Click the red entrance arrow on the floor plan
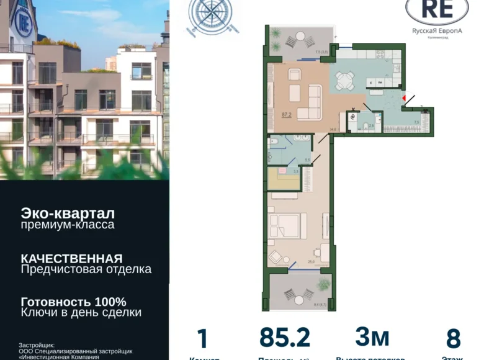click(404, 97)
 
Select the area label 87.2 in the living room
click(287, 114)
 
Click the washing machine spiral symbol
click(354, 115)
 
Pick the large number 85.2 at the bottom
click(285, 338)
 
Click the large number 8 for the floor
click(453, 339)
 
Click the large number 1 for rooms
click(202, 339)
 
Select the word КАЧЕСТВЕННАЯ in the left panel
click(71, 258)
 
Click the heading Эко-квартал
click(68, 213)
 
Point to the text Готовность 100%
click(73, 302)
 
